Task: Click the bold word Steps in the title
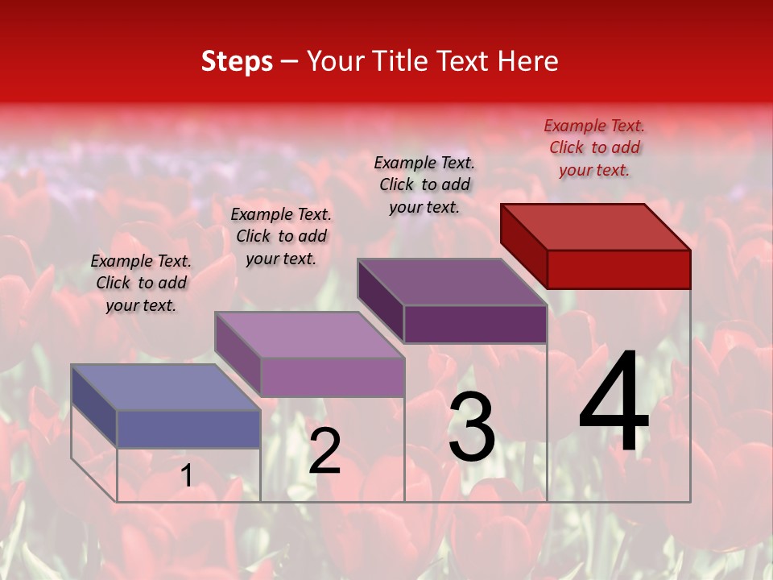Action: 237,61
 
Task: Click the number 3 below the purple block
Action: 471,428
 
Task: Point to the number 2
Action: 324,451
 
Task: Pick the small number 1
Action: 187,476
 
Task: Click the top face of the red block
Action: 596,226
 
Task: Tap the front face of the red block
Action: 618,269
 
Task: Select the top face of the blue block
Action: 166,387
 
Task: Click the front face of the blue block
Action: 188,429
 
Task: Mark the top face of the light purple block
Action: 309,334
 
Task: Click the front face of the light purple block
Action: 332,377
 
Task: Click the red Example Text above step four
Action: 594,147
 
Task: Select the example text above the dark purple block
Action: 424,184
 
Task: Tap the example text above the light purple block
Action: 281,236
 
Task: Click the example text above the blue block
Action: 141,283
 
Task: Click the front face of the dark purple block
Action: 475,325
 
